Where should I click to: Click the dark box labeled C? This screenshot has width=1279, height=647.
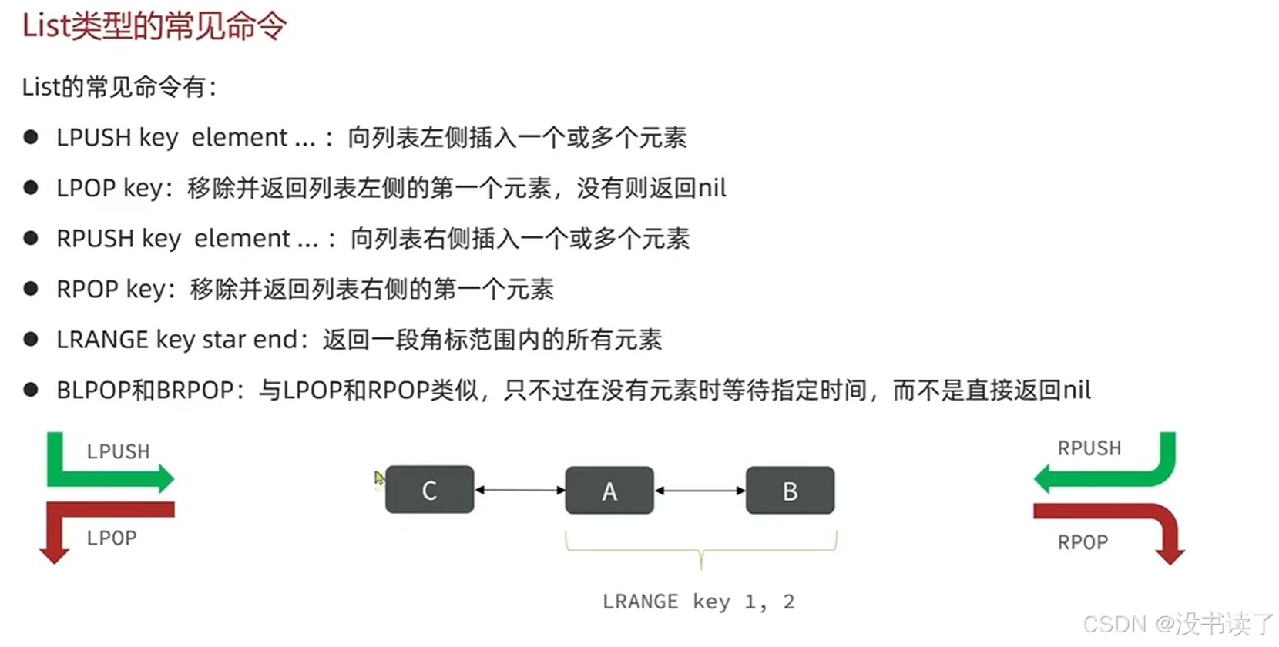[429, 490]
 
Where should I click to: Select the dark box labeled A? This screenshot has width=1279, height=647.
[609, 491]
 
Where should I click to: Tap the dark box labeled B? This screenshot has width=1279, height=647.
[790, 491]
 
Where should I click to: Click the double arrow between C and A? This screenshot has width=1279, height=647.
[520, 490]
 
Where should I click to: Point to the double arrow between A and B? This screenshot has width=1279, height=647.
[700, 491]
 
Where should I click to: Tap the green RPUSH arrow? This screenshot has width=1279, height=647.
[1109, 478]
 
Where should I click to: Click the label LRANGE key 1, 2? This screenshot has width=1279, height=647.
[698, 602]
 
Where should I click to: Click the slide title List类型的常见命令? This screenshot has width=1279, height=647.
[154, 26]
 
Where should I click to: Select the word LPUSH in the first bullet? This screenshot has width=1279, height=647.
[94, 138]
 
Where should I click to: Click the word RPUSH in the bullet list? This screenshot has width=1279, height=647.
[96, 239]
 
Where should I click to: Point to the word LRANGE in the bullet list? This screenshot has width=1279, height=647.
[102, 340]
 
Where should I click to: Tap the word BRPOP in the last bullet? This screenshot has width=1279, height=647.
[195, 391]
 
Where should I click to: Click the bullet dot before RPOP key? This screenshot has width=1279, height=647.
[31, 289]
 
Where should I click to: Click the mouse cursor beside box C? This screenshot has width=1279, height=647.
[378, 478]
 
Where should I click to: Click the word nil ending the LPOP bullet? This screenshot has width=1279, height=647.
[712, 189]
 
